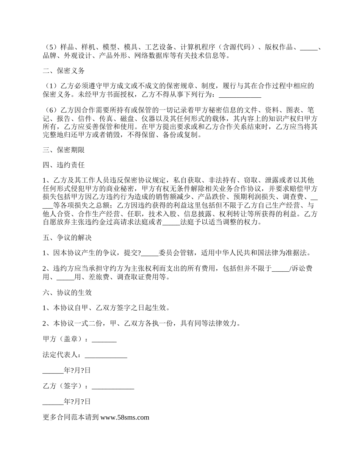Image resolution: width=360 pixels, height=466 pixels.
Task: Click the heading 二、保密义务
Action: pyautogui.click(x=64, y=71)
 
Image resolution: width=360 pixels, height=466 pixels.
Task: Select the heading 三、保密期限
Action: pyautogui.click(x=64, y=150)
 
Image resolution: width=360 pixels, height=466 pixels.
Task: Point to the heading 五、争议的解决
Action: pyautogui.click(x=67, y=238)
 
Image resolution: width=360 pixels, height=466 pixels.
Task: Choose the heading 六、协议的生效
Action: pyautogui.click(x=67, y=292)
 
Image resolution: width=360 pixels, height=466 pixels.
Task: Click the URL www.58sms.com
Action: pyautogui.click(x=125, y=418)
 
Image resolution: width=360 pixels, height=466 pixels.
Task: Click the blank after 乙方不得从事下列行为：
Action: pyautogui.click(x=240, y=95)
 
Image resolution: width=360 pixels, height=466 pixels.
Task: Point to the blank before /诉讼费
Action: pyautogui.click(x=280, y=269)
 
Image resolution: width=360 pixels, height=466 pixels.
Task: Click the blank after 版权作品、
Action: pyautogui.click(x=309, y=47)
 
